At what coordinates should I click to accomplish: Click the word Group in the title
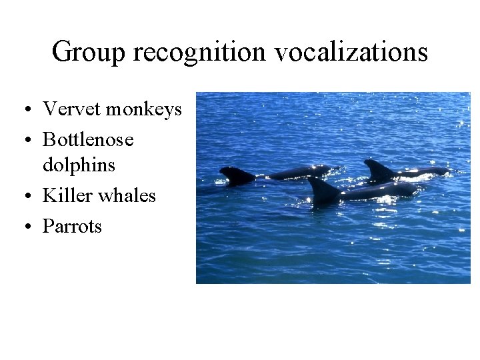(88, 52)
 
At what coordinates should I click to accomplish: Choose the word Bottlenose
(88, 139)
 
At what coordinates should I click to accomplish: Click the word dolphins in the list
(79, 165)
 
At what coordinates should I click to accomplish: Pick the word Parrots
(72, 226)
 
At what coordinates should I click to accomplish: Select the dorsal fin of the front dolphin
(323, 191)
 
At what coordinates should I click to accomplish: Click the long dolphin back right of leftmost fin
(300, 173)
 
